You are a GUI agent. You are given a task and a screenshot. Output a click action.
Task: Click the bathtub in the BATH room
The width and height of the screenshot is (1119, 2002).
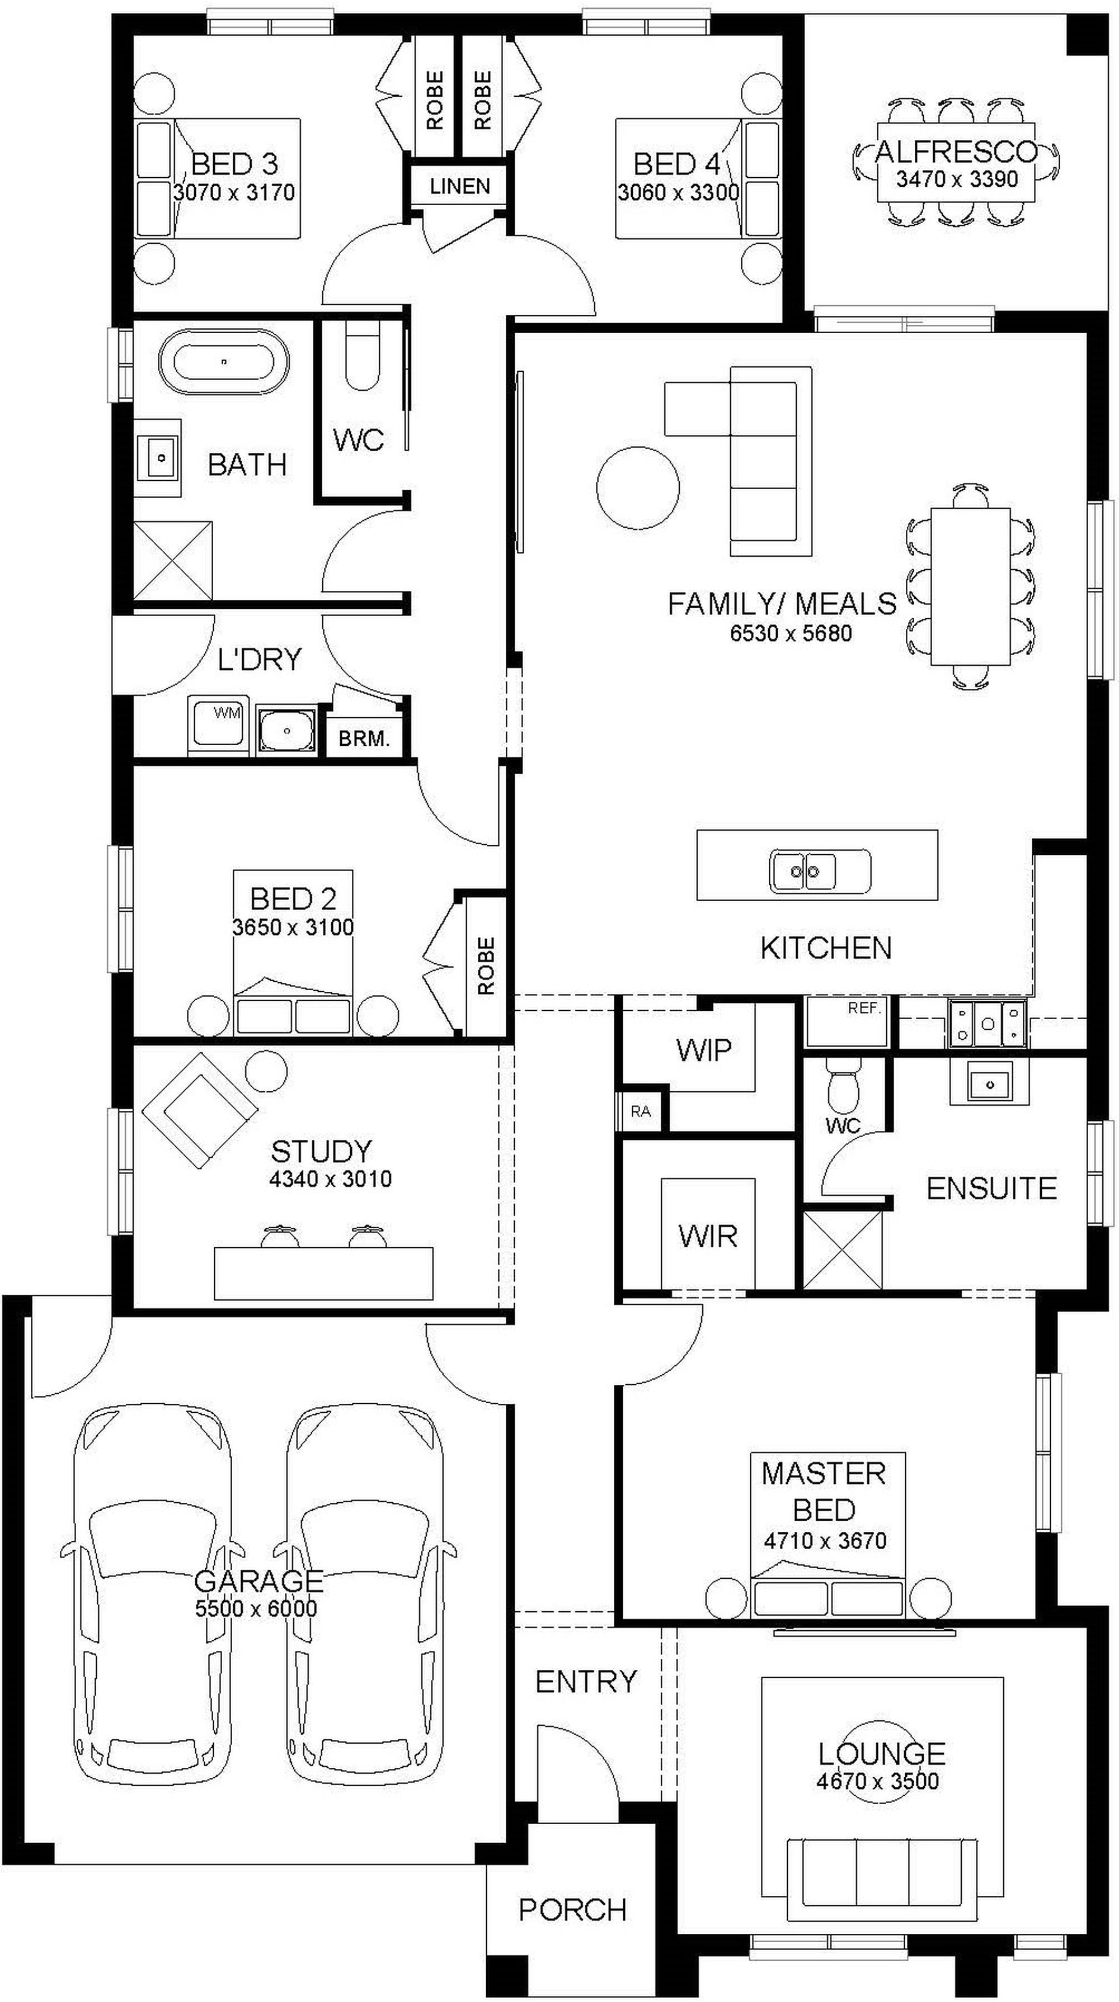tap(223, 362)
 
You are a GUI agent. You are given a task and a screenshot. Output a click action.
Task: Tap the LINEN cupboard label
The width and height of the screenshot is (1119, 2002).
tap(459, 187)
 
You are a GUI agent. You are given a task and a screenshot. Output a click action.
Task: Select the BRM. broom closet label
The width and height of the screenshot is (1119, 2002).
tap(363, 739)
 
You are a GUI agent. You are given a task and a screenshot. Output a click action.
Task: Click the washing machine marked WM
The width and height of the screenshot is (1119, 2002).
tap(218, 725)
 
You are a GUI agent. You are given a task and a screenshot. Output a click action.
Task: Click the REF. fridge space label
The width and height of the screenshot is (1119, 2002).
tap(864, 1009)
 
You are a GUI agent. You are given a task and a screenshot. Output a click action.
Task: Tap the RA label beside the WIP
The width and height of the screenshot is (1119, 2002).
tap(641, 1111)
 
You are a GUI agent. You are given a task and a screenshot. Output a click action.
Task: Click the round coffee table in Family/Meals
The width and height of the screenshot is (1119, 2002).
tap(638, 489)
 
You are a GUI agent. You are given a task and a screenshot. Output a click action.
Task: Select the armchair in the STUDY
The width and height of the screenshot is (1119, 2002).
tap(201, 1111)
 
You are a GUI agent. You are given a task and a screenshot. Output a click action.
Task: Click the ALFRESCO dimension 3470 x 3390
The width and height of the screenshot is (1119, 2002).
tap(957, 179)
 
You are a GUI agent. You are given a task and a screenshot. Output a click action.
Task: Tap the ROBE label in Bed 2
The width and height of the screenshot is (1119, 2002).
tap(485, 966)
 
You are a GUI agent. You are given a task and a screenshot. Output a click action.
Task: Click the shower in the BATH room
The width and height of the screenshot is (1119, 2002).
tap(173, 560)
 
